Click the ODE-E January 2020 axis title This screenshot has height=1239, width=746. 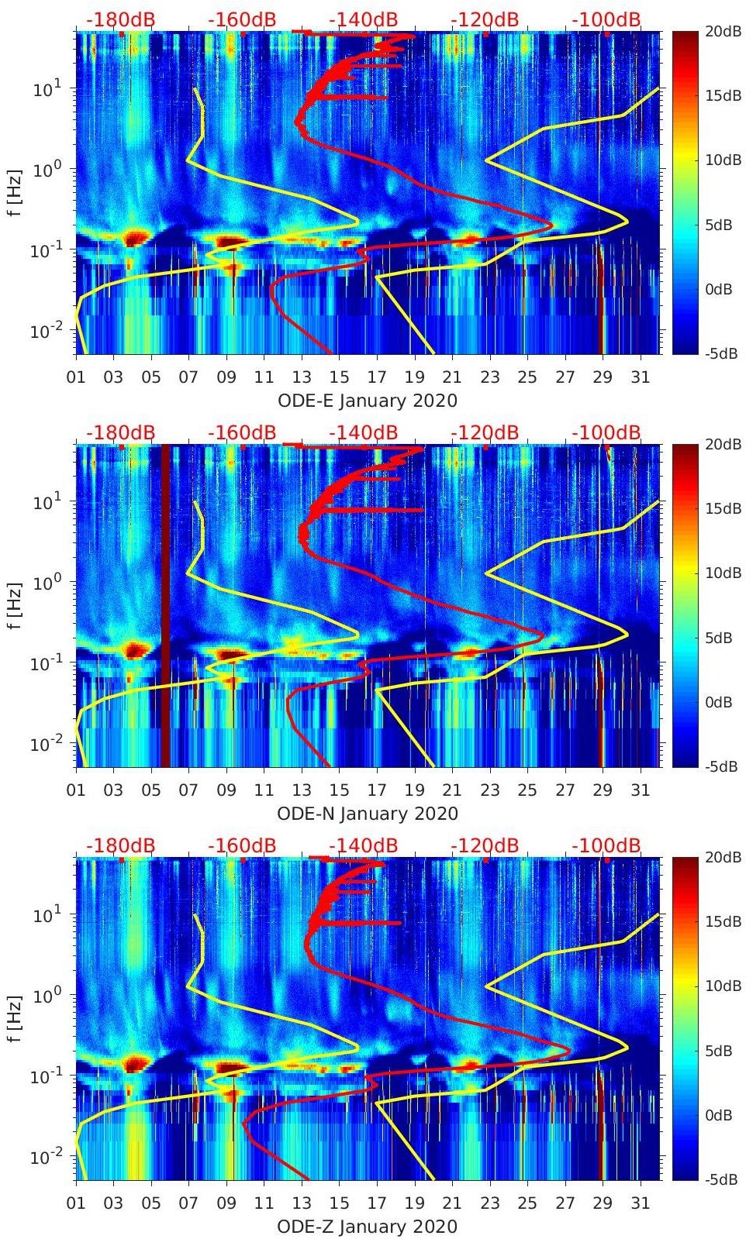click(x=368, y=401)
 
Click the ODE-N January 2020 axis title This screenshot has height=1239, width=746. click(x=368, y=814)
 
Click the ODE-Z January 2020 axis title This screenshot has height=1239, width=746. click(x=368, y=1227)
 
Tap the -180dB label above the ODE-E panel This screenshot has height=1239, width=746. click(x=121, y=19)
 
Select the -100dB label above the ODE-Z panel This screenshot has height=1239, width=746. click(x=606, y=845)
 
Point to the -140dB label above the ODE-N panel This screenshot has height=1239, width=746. click(x=364, y=432)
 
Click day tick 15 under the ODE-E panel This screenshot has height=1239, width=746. click(x=339, y=377)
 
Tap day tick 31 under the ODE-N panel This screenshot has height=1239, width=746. click(x=640, y=790)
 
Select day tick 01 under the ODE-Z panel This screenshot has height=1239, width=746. click(x=76, y=1203)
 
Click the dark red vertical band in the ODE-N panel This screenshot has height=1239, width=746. click(x=164, y=604)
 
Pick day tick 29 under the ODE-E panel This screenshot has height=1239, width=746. click(x=603, y=377)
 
